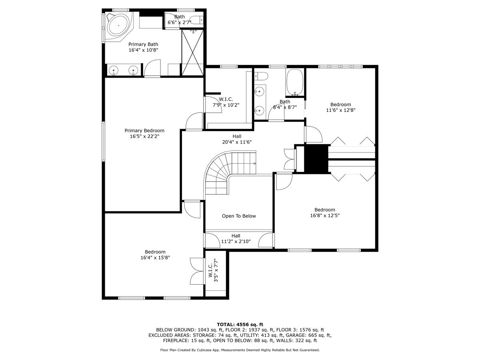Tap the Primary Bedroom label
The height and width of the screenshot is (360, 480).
pos(144,130)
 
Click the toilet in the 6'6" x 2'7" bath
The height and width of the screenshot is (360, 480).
pos(196,20)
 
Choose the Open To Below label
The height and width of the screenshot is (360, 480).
pos(239,216)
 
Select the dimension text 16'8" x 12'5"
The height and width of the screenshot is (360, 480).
pos(324,215)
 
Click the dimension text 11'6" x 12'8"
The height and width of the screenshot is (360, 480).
pos(340,110)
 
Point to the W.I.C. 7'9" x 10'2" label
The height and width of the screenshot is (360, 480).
pos(226,102)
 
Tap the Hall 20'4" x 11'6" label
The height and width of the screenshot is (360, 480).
pos(236,139)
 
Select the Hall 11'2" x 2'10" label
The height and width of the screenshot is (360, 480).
pos(236,239)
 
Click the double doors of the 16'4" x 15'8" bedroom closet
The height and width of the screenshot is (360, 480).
pos(196,271)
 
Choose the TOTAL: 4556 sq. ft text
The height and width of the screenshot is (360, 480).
pos(240,324)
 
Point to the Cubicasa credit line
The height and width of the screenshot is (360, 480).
pos(240,350)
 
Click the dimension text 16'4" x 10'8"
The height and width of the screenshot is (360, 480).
pos(143,50)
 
